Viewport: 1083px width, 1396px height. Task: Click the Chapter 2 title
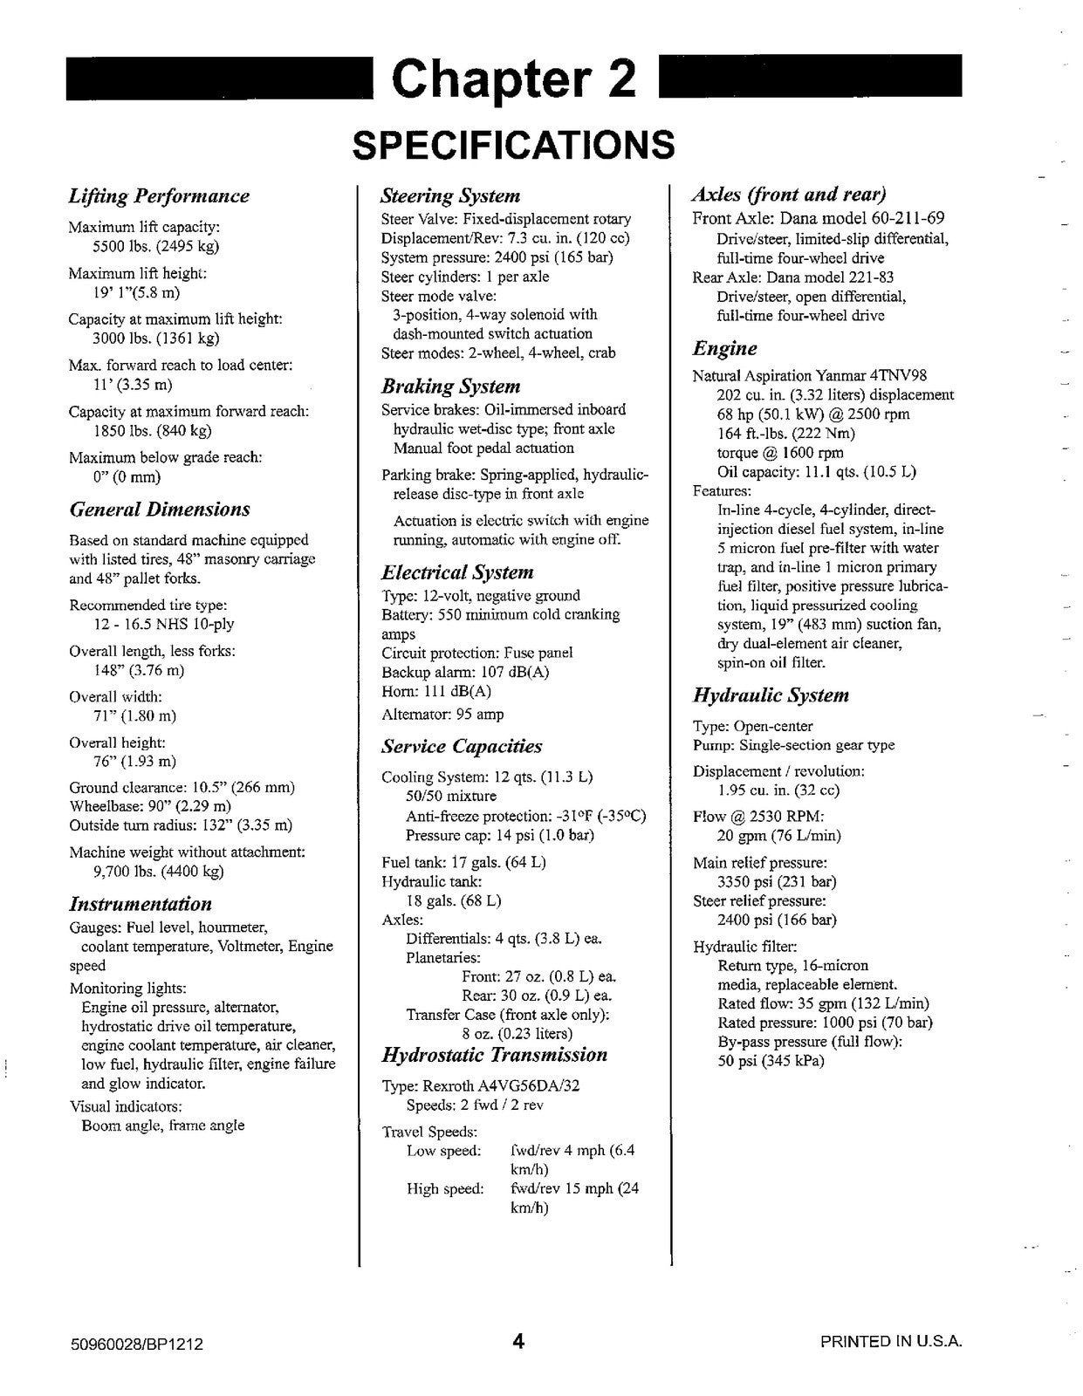click(514, 79)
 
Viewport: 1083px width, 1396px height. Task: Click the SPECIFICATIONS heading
click(513, 145)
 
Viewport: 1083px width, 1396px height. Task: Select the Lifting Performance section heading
click(159, 196)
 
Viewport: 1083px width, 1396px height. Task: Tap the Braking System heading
click(450, 387)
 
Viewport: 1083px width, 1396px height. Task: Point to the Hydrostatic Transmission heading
click(494, 1055)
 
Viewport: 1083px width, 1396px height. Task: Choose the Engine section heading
click(724, 349)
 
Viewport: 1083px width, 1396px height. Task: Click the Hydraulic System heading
click(771, 695)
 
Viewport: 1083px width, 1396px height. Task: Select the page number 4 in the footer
click(518, 1341)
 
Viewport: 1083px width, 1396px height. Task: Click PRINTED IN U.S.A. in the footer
click(890, 1342)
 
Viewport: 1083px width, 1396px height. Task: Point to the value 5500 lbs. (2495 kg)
click(155, 246)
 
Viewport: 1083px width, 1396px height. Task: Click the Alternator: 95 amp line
click(442, 715)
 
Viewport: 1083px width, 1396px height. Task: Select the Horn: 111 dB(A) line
click(436, 691)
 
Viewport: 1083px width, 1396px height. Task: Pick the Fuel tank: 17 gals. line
click(463, 862)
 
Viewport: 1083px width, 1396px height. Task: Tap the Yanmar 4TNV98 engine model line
click(809, 375)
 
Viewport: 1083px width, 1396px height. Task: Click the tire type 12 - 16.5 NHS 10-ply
click(163, 624)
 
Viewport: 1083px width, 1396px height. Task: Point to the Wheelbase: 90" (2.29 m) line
click(150, 806)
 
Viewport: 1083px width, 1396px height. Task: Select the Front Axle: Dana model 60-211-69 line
click(818, 219)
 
